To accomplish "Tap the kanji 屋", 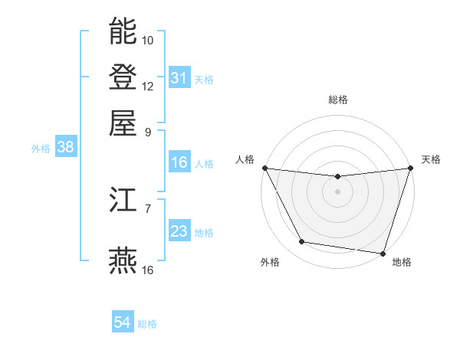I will [123, 122].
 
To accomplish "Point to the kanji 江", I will [123, 201].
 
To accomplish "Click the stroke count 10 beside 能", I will [148, 40].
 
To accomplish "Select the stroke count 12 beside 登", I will [148, 86].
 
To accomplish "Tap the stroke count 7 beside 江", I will [148, 208].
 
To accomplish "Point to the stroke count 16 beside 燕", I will [148, 270].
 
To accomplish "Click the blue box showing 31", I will [179, 78].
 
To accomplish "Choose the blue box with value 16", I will [179, 162].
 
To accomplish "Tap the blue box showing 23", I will [179, 231].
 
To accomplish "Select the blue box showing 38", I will [65, 148].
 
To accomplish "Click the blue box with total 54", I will [123, 323].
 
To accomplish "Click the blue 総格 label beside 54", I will [147, 324].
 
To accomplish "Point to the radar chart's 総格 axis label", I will [337, 100].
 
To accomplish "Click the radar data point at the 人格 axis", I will [264, 168].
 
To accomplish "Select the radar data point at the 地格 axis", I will [382, 253].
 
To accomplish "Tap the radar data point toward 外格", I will [302, 242].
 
